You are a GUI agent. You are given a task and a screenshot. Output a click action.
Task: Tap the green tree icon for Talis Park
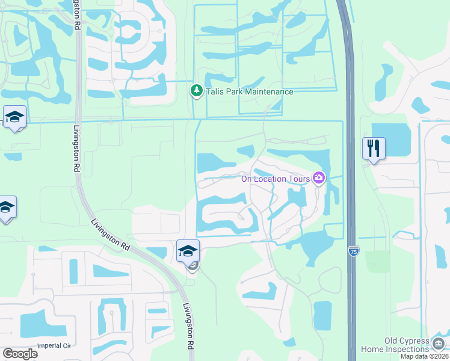click(x=196, y=91)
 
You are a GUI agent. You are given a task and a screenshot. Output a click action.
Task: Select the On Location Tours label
click(x=275, y=178)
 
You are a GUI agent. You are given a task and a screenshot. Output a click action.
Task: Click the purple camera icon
click(x=318, y=177)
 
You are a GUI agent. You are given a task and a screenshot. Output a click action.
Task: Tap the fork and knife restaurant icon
click(x=374, y=148)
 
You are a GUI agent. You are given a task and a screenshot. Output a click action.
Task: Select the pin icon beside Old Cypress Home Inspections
click(x=438, y=342)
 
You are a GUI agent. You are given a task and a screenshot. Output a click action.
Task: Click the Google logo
click(x=20, y=353)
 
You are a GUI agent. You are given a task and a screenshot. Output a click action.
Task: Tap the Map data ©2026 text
click(x=425, y=357)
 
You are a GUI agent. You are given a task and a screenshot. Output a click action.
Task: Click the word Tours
click(x=298, y=178)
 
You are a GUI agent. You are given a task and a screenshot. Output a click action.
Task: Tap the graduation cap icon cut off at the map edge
click(x=5, y=208)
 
